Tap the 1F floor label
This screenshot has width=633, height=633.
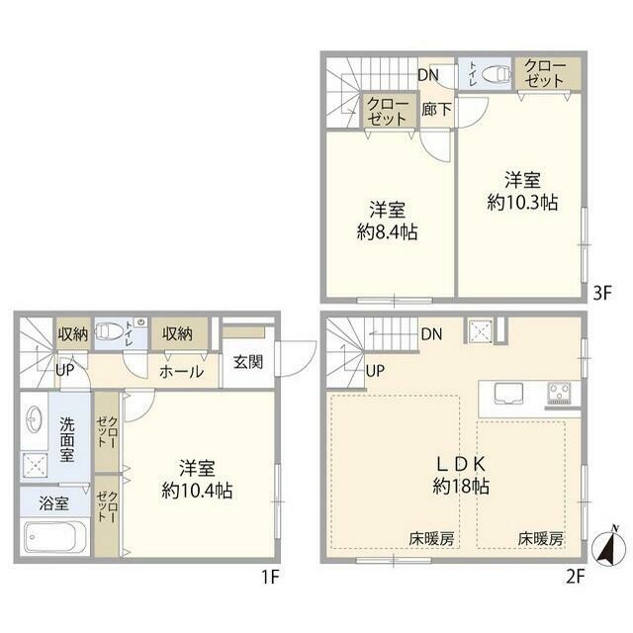(x=270, y=578)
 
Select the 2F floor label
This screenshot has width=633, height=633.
(x=576, y=578)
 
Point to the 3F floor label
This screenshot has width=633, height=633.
(x=602, y=293)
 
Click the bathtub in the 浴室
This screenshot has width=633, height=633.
(x=55, y=537)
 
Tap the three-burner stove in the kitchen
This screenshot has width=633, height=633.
(x=559, y=393)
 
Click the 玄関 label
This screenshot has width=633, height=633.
(x=248, y=362)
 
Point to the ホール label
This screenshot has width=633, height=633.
(x=181, y=372)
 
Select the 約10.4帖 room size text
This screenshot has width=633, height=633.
(x=197, y=491)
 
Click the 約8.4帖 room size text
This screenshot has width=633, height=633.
(x=387, y=232)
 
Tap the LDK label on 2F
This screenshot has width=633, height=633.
(x=461, y=464)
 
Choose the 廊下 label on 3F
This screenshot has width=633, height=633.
(x=436, y=109)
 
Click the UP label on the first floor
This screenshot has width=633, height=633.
(x=65, y=370)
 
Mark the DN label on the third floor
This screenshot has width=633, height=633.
(x=428, y=75)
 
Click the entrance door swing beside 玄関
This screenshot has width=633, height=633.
(x=297, y=359)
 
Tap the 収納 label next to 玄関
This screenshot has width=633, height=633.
(x=178, y=334)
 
